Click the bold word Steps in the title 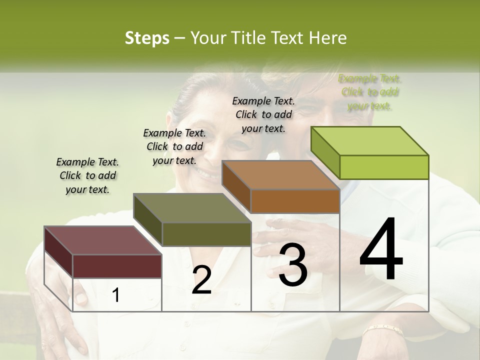146,38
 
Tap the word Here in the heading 327,38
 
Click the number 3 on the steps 293,264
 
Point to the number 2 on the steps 201,280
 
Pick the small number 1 116,295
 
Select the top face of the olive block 192,208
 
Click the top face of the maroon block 103,240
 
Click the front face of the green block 384,167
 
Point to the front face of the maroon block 117,266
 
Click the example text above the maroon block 87,176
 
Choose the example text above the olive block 174,147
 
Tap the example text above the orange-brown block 263,114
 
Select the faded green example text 369,92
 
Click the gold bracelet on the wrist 382,329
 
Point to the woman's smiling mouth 206,173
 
